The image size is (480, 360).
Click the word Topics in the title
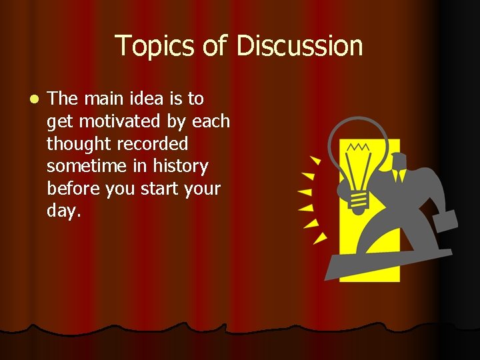point(154,46)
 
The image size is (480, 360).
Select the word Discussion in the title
point(299,46)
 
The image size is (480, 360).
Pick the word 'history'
point(180,166)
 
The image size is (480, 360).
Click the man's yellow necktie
point(398,175)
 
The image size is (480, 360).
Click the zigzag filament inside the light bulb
point(359,146)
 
